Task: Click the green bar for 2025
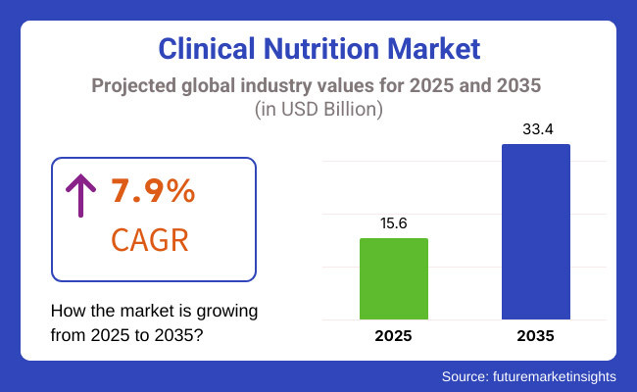tap(394, 278)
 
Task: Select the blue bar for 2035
tap(536, 231)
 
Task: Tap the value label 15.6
tap(394, 223)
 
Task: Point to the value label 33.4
tap(536, 129)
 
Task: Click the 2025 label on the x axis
tap(394, 336)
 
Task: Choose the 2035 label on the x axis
tap(536, 336)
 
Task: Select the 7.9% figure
tap(154, 192)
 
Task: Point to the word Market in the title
tap(435, 49)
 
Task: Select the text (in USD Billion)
tap(318, 110)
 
